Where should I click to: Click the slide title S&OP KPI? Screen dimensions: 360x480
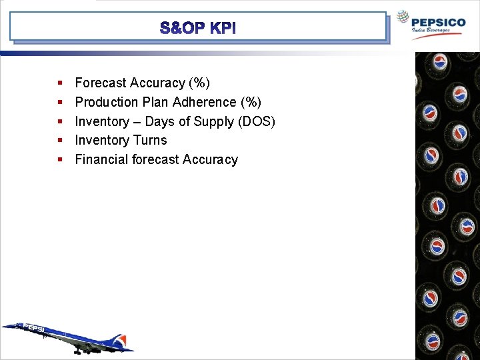click(x=197, y=29)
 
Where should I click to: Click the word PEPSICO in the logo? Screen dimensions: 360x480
click(x=439, y=22)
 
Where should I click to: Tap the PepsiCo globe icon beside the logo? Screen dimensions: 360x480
click(x=403, y=18)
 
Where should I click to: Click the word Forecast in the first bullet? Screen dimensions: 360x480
click(x=101, y=83)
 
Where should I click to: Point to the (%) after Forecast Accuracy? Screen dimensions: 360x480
click(x=199, y=83)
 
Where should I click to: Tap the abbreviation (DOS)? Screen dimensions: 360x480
click(x=257, y=121)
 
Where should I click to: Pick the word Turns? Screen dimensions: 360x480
click(x=150, y=140)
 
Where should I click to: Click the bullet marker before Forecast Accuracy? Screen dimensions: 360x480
click(x=60, y=83)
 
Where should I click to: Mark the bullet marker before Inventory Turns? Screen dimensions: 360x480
click(x=60, y=141)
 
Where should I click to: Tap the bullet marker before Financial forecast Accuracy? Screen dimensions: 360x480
click(x=60, y=160)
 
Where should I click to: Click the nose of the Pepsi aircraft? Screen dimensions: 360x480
click(x=5, y=327)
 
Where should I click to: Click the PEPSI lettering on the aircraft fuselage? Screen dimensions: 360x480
click(x=35, y=329)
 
